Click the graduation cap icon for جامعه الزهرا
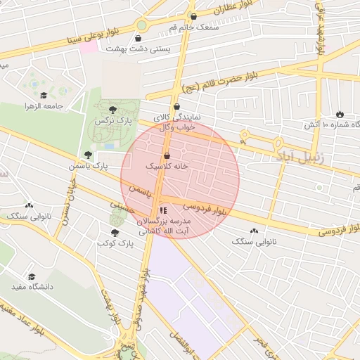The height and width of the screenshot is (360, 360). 44,95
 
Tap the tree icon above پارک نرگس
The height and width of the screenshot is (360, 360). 112,109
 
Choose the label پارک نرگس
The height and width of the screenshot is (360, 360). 111,122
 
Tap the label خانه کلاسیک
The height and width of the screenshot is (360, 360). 167,167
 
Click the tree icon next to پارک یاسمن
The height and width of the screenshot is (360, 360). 88,155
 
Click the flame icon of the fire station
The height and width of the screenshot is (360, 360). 340,114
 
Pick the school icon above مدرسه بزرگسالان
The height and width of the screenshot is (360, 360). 163,210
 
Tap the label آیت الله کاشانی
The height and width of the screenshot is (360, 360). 161,230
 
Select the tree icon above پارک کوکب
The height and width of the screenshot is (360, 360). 115,231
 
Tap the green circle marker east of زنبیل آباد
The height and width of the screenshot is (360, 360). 320,187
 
